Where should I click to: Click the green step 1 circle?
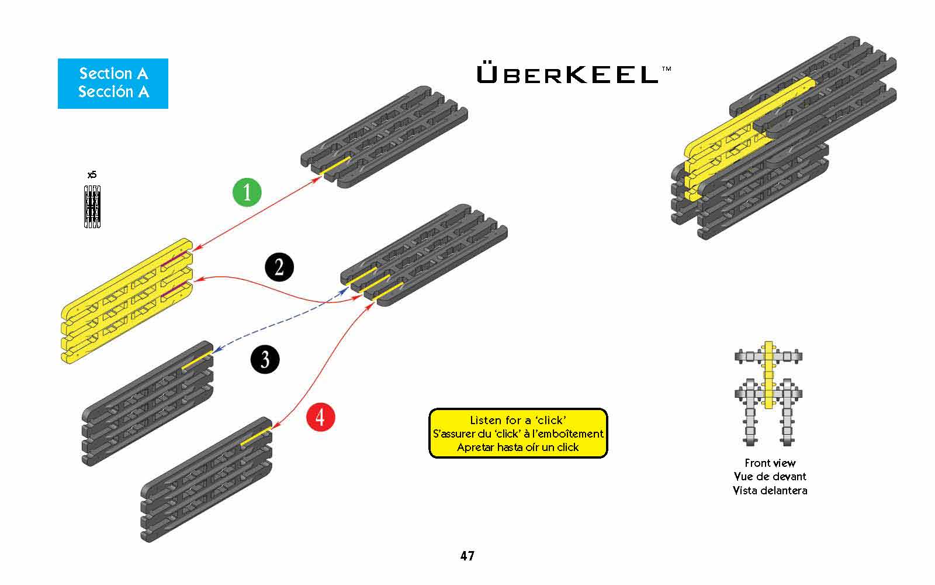247,192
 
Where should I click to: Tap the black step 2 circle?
279,267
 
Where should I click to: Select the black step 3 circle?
265,359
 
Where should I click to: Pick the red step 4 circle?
320,417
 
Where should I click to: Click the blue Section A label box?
113,83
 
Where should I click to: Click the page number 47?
467,556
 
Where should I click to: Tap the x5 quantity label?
92,175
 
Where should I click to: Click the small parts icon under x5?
92,206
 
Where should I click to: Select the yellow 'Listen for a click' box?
518,433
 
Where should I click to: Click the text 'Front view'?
770,463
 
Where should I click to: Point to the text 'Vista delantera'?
770,490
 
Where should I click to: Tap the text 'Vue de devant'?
770,476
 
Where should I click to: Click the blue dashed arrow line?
280,324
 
